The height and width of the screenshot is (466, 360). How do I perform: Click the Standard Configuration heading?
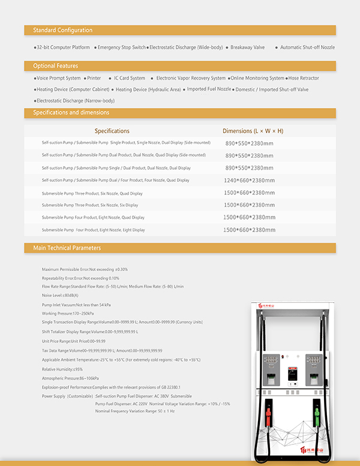pos(62,30)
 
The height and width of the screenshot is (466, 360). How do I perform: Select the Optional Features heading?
pos(56,66)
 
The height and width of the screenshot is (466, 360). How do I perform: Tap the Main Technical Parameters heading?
pos(67,248)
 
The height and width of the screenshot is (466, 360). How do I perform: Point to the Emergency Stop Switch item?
pos(121,47)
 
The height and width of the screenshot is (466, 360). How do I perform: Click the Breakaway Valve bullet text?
pos(247,47)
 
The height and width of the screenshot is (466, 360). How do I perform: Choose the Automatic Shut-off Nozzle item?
pos(307,47)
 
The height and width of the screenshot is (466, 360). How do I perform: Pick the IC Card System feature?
pos(130,78)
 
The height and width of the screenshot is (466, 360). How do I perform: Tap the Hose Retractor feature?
pos(304,78)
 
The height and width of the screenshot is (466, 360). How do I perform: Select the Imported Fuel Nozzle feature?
pos(209,89)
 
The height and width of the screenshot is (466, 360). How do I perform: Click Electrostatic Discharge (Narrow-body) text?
pos(76,101)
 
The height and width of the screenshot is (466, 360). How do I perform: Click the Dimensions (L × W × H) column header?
pos(253,131)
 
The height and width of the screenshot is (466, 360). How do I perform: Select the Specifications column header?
pos(112,131)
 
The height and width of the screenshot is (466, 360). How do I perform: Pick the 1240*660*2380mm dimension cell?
pos(249,180)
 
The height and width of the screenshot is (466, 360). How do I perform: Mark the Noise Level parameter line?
pos(60,295)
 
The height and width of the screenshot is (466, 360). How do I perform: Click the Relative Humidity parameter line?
pos(62,369)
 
